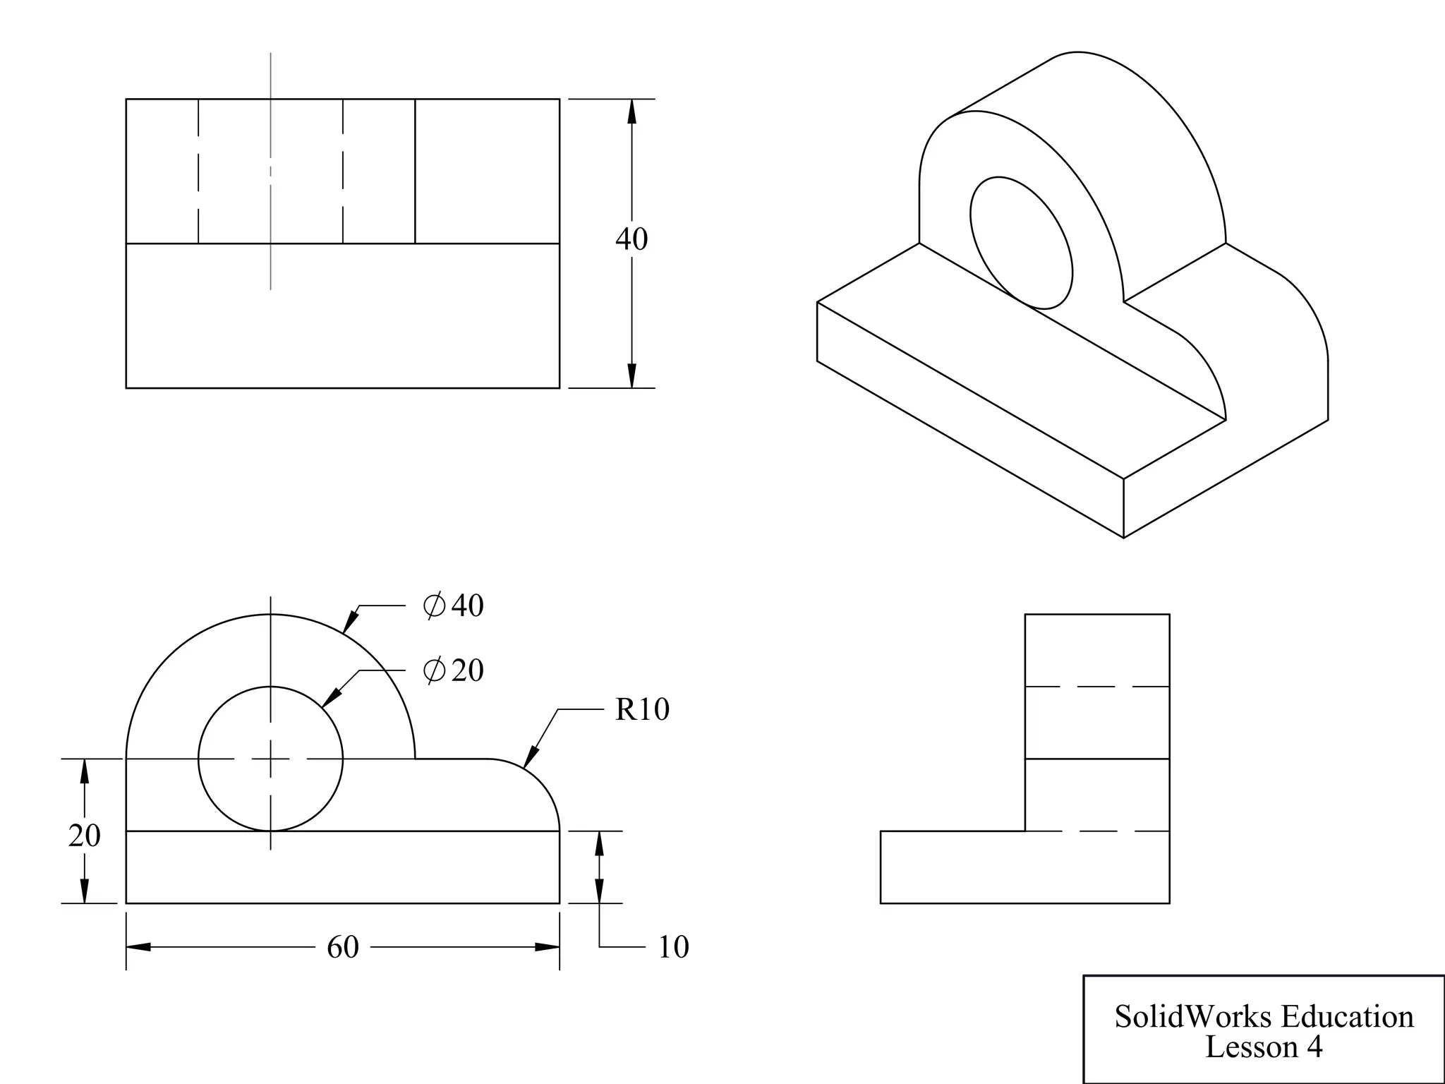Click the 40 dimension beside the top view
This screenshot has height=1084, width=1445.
click(631, 239)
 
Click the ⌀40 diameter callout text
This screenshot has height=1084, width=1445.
click(454, 606)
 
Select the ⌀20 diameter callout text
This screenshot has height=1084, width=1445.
click(454, 670)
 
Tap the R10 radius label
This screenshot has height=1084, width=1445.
click(642, 710)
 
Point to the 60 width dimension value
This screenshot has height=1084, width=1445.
click(343, 947)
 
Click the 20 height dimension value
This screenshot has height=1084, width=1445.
click(85, 836)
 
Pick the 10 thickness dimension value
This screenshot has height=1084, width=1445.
click(673, 947)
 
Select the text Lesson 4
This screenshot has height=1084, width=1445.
click(1263, 1047)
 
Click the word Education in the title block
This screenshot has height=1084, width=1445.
click(1347, 1017)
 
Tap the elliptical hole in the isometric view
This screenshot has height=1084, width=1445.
click(1021, 243)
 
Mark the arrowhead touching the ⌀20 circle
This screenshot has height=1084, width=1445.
click(330, 698)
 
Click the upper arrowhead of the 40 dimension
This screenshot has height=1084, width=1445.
click(631, 112)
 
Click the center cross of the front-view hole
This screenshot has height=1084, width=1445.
click(271, 759)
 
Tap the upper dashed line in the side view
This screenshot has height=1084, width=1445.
click(1097, 687)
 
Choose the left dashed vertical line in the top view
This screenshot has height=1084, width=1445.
click(198, 171)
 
